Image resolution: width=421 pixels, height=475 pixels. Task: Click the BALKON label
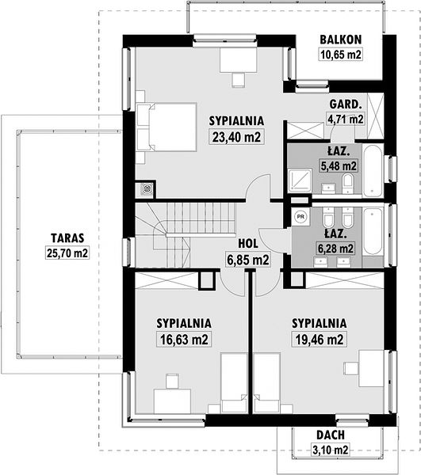(x=341, y=40)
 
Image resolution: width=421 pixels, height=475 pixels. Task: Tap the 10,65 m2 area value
(x=341, y=55)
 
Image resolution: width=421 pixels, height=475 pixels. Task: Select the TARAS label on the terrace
(x=67, y=238)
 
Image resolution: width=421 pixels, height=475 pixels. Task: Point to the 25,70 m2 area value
(x=67, y=253)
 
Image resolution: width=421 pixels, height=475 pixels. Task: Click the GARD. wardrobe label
(x=346, y=104)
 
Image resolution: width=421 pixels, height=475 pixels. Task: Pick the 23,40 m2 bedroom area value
(x=236, y=137)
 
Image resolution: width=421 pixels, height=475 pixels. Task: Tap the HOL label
(x=248, y=244)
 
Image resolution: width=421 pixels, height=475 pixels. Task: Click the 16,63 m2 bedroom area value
(x=184, y=340)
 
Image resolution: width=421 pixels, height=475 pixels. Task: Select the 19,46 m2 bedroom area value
(x=320, y=340)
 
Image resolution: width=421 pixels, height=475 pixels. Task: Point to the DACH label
(x=331, y=435)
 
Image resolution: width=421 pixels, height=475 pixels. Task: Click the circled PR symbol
(x=300, y=217)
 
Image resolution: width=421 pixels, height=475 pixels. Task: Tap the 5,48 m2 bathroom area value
(x=339, y=165)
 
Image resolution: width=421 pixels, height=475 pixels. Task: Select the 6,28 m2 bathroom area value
(x=335, y=249)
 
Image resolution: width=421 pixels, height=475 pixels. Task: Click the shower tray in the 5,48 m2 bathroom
(x=300, y=180)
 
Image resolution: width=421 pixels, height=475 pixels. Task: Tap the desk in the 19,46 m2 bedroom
(x=372, y=368)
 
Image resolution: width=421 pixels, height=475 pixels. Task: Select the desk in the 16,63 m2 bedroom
(x=172, y=401)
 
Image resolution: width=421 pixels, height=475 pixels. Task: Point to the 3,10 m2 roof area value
(x=331, y=450)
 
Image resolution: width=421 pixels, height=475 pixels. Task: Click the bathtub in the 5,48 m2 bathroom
(x=373, y=170)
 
